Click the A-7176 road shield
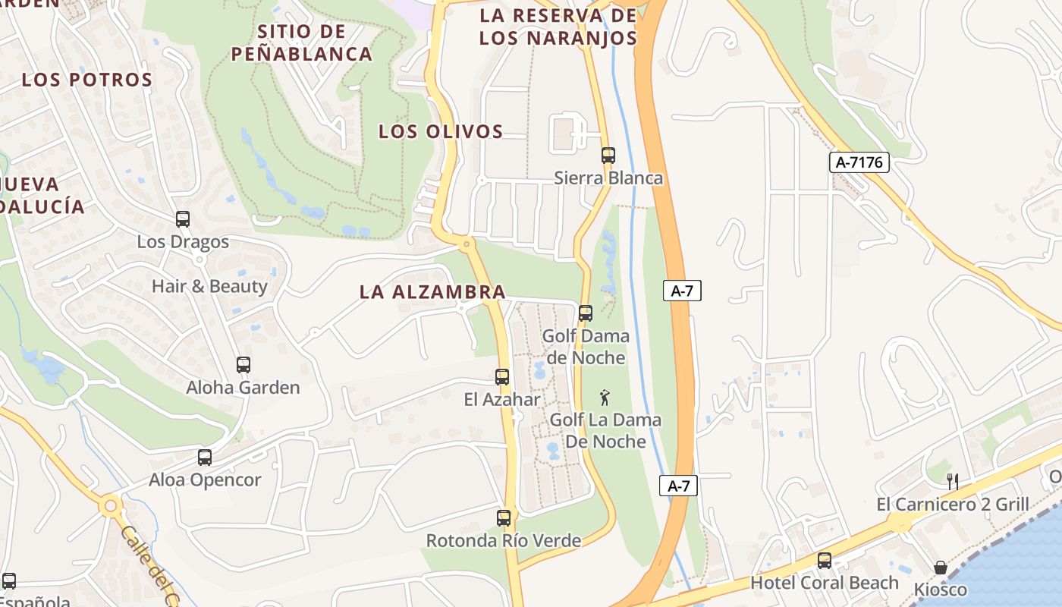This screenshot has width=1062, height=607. pos(859,162)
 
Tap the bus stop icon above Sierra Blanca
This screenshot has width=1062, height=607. pos(608,156)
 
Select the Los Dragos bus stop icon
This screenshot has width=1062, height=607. pos(182,219)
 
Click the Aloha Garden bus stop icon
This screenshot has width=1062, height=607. pos(243,365)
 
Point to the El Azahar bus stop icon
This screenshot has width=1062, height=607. pos(501,377)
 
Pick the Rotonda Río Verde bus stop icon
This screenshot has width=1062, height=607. pos(503,518)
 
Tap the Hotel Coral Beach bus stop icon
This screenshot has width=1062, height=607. pos(824,561)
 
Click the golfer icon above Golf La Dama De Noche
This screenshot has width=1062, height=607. pos(605,397)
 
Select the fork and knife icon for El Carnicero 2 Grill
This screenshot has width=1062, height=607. pos(953,481)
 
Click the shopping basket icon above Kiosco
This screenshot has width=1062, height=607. pos(940,568)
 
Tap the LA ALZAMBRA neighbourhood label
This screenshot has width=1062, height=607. pos(432,292)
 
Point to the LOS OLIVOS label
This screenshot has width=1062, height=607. pos(441,132)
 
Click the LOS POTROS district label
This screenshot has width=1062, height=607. pos(87,80)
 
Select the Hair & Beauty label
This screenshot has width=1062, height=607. pos(209,287)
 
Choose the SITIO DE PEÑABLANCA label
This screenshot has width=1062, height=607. pos(301,43)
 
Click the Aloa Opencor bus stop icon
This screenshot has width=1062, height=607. pos(204,458)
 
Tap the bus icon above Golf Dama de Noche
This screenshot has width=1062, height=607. pos(585,313)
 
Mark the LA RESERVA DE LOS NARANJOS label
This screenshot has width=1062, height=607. pos(558,27)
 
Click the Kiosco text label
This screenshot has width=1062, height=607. pos(941,590)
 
